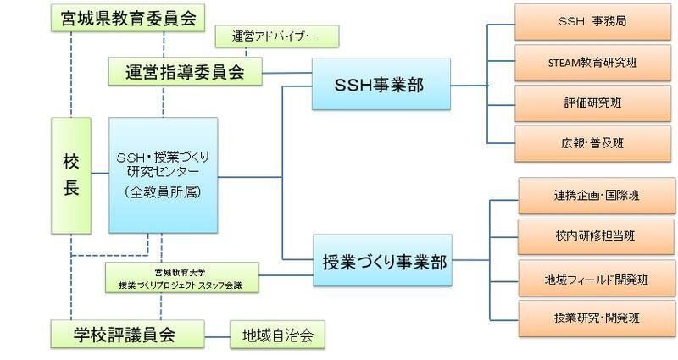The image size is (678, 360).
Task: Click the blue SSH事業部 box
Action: [x=381, y=84]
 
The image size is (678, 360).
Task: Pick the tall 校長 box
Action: [x=71, y=175]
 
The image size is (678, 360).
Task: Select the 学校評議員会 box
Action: [x=126, y=334]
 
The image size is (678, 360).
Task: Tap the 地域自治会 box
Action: [x=278, y=335]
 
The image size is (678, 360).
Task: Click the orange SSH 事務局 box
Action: [x=592, y=21]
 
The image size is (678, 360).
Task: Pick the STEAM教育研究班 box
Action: [x=592, y=62]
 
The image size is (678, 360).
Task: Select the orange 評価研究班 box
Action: [x=592, y=102]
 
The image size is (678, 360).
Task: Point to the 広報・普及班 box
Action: [x=592, y=143]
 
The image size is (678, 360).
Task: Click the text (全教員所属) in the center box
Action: [x=163, y=192]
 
